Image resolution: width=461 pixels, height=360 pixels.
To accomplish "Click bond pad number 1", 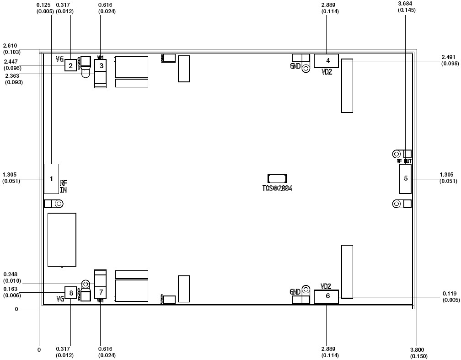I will tap(51, 179).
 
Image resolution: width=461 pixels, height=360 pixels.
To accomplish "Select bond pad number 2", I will tap(70, 66).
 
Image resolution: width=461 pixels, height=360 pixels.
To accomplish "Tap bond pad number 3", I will tap(101, 66).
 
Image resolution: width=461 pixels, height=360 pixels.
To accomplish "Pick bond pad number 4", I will tap(326, 61).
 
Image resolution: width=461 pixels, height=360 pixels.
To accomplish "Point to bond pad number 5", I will tap(405, 178).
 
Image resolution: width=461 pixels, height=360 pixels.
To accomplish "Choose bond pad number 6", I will tap(326, 296).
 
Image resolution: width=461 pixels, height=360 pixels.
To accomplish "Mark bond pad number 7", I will tap(101, 292).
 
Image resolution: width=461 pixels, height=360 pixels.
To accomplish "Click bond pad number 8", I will tap(70, 292).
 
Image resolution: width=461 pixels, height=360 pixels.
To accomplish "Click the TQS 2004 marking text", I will tap(277, 188).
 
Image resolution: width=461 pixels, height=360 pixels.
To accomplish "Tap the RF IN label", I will tap(64, 186).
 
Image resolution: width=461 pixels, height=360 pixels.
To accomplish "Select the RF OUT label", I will tap(404, 161).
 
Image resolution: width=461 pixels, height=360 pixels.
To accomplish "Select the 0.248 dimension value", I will tap(11, 274).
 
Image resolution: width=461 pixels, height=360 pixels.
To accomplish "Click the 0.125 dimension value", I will tap(44, 5).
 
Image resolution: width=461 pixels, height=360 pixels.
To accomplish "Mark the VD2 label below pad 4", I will tap(327, 72).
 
